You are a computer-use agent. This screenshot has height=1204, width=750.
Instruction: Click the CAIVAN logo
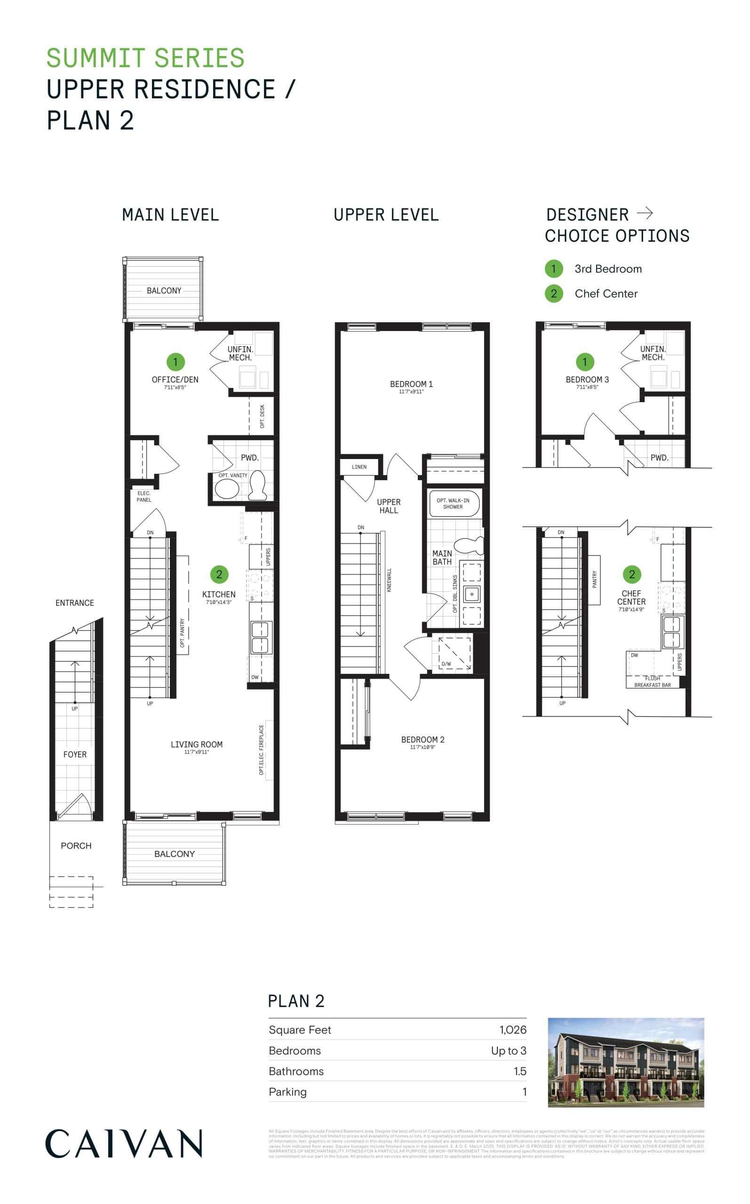[x=124, y=1143]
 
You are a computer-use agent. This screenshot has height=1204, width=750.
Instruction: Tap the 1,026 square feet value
[x=512, y=1030]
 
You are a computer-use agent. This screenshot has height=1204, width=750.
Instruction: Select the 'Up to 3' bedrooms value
[x=509, y=1050]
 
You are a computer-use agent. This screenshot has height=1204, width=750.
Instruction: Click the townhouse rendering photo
[x=625, y=1062]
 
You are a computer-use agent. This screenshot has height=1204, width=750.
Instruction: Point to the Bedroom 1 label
[x=411, y=384]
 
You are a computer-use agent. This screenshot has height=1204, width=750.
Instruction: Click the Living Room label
[x=196, y=745]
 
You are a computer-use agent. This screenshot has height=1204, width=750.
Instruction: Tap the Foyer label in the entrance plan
[x=75, y=754]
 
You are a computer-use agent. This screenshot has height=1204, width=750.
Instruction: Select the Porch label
[x=76, y=846]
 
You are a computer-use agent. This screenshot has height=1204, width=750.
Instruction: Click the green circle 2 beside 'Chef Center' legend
[x=554, y=293]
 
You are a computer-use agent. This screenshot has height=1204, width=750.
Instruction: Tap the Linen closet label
[x=359, y=467]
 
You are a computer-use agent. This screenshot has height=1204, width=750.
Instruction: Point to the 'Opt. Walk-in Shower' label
[x=453, y=504]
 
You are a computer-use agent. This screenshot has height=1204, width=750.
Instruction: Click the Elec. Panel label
[x=144, y=496]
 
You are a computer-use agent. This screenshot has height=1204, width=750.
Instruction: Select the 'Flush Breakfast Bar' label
[x=652, y=681]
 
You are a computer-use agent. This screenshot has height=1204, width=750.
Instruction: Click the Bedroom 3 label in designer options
[x=587, y=380]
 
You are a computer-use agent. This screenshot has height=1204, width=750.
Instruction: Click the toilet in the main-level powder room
[x=257, y=485]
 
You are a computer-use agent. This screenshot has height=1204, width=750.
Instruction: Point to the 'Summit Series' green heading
[x=145, y=58]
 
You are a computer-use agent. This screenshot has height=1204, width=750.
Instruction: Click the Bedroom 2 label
[x=423, y=739]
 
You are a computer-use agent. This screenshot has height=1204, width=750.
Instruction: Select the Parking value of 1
[x=524, y=1092]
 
